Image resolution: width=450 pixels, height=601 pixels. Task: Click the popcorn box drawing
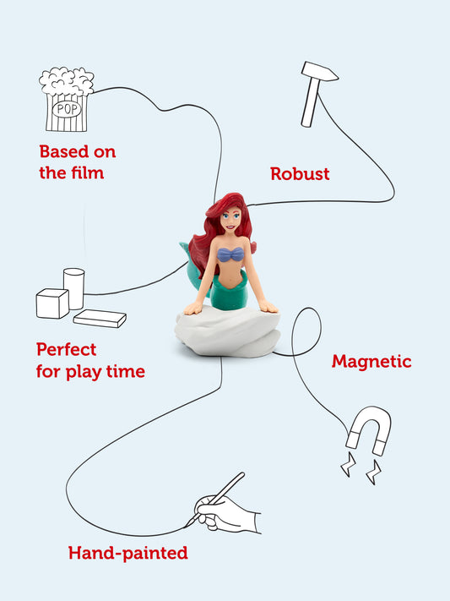point(66,100)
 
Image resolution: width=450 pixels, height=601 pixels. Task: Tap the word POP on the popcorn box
point(67,110)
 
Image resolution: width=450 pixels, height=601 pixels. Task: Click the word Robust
point(300,173)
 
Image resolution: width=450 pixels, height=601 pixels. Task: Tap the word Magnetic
point(371,362)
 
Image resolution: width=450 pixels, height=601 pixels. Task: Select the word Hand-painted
point(128,554)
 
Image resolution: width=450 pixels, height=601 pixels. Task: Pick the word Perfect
point(66,350)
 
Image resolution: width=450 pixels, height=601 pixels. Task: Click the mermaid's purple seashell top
point(230,254)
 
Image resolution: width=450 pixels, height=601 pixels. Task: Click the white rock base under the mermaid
point(227,331)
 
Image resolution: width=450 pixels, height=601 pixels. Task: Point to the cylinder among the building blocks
point(74,288)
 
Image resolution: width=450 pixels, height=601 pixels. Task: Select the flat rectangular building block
point(100,318)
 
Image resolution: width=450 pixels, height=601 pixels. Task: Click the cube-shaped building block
point(52,303)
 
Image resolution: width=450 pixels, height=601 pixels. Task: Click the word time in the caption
point(126,371)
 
